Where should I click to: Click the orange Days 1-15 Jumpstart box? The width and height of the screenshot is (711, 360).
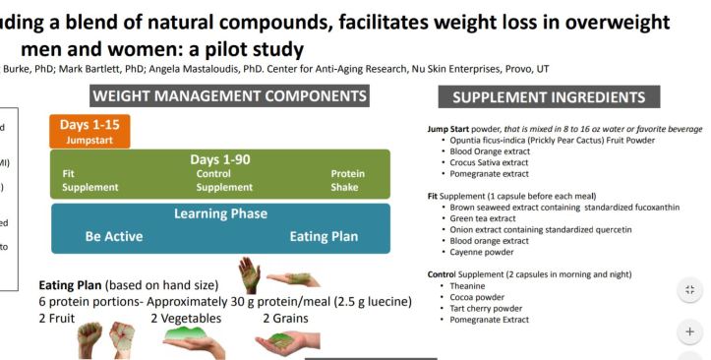[89, 131]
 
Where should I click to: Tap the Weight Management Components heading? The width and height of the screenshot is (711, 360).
[230, 96]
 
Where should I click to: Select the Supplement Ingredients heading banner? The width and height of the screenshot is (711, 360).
[549, 97]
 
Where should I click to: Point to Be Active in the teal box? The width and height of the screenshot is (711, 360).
[114, 236]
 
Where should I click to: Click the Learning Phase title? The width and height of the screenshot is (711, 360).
[220, 213]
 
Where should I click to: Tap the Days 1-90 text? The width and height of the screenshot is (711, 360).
[222, 159]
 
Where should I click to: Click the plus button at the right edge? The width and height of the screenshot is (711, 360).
[689, 331]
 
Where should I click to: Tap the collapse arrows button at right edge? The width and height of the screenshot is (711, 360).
[689, 289]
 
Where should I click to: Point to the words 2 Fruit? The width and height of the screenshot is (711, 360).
[60, 318]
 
